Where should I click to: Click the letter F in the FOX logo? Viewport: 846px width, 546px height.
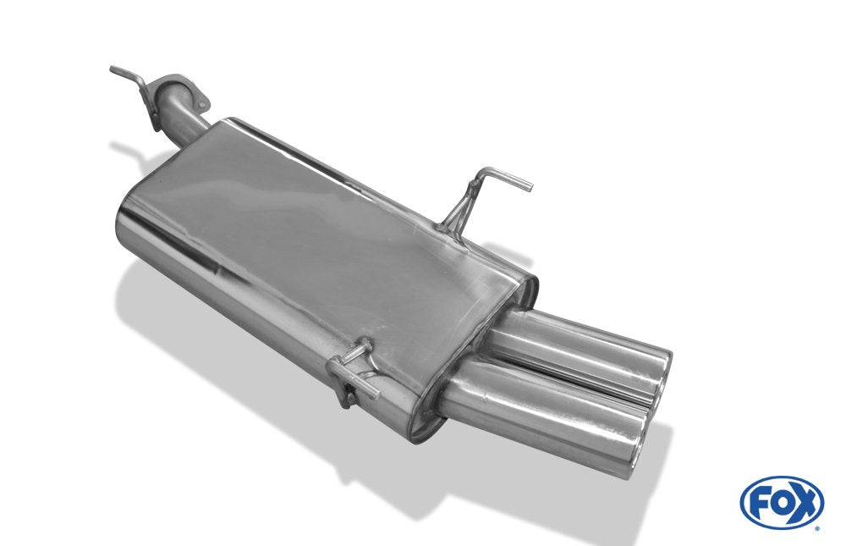click(759, 503)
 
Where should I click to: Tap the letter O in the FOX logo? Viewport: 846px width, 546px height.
click(780, 503)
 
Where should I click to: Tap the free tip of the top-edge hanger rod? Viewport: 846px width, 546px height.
click(527, 185)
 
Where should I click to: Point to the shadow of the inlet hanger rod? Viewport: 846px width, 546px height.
click(127, 157)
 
